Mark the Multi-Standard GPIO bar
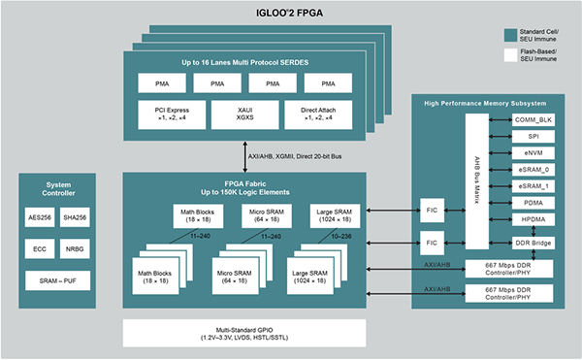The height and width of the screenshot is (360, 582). click(x=244, y=336)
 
